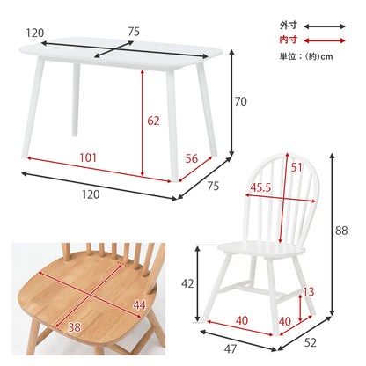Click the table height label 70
click(x=240, y=101)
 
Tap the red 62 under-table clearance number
click(x=153, y=121)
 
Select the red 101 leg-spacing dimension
click(x=88, y=157)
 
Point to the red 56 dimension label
click(x=192, y=158)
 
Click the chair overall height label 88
click(x=341, y=231)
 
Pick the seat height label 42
click(x=187, y=283)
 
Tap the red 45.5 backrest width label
click(x=260, y=187)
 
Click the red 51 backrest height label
click(x=296, y=167)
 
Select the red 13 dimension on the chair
click(x=309, y=292)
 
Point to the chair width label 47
click(x=231, y=348)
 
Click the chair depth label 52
click(x=311, y=342)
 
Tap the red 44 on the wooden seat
click(x=139, y=305)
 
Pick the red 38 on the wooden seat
click(x=75, y=327)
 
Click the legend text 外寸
click(x=289, y=26)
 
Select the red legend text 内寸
click(x=289, y=40)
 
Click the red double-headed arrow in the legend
click(x=325, y=40)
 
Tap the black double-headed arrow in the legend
click(x=325, y=26)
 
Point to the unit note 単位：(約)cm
click(x=306, y=56)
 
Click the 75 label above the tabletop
click(x=134, y=32)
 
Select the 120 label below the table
click(x=91, y=194)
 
